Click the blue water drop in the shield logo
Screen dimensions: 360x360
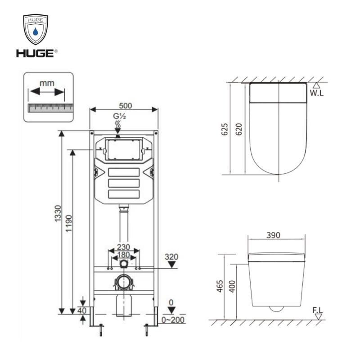pos(36,31)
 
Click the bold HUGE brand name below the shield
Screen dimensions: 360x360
pos(35,54)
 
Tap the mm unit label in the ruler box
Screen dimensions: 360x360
pos(47,83)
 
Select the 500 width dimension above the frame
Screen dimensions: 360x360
pos(126,106)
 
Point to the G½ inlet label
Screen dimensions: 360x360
pos(119,116)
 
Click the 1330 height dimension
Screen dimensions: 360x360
pos(58,213)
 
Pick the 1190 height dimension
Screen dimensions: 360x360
pos(69,223)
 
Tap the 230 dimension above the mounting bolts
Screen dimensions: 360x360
pos(123,247)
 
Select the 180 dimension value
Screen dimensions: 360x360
pos(123,255)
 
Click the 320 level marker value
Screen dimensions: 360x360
pos(171,256)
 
